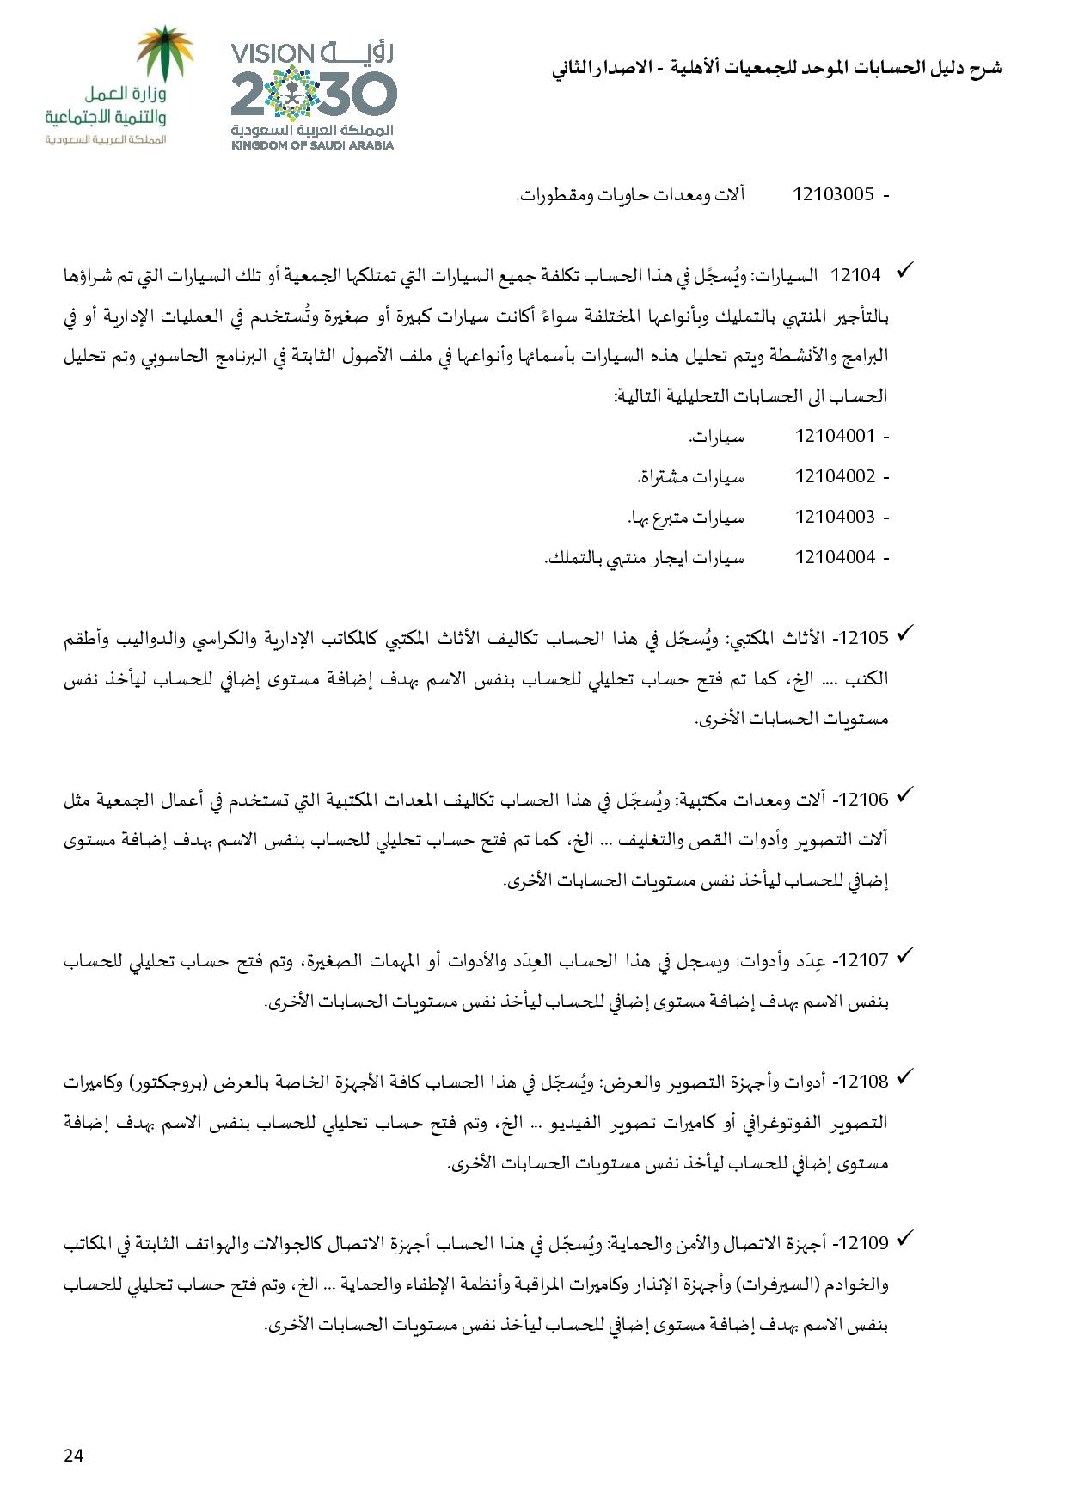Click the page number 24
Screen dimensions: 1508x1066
(73, 1455)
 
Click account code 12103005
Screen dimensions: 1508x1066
(833, 194)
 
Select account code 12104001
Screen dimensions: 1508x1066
(835, 436)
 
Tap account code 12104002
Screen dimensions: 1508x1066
(835, 476)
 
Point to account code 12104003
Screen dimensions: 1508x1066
(835, 517)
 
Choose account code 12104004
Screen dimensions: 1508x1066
(835, 557)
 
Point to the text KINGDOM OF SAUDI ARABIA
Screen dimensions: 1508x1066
(312, 145)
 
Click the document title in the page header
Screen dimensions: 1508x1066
(776, 69)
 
